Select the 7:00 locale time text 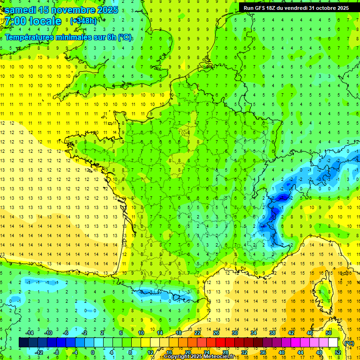32,21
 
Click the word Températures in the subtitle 31,37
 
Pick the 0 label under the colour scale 93,352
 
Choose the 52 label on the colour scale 338,352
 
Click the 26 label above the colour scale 216,333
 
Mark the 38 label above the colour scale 272,333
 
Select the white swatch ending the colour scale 333,343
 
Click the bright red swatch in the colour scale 221,343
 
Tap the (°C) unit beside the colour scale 349,343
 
